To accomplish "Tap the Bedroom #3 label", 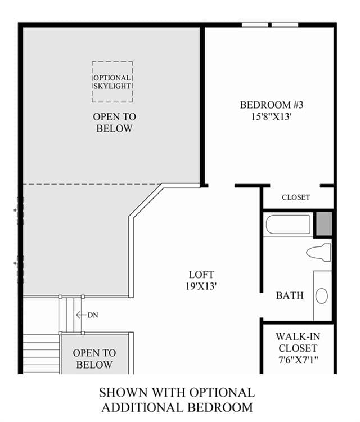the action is point(272,105).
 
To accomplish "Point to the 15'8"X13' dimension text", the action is point(272,117).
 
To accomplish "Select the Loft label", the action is point(201,275).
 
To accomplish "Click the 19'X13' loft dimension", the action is point(201,286).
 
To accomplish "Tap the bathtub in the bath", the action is point(288,224).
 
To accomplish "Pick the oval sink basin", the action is point(322,296).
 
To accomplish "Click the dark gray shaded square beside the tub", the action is point(324,223).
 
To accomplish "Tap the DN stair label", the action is point(93,315).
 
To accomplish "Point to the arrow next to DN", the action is point(81,315).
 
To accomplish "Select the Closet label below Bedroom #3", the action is point(296,197).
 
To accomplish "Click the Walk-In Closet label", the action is point(298,342).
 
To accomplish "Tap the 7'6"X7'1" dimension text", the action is point(298,360).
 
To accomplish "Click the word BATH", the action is point(290,295).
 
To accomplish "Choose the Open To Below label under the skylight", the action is point(114,123).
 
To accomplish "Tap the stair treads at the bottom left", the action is point(41,354).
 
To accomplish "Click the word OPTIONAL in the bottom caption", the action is point(222,393).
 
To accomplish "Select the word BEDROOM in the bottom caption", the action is point(220,407).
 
